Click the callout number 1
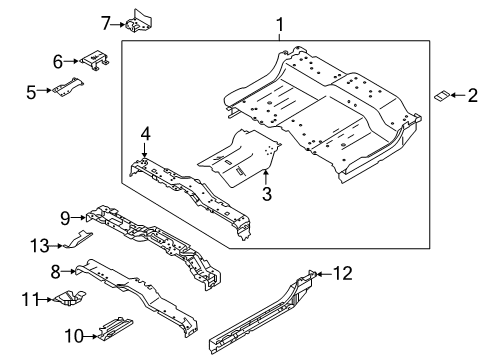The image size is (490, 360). pos(280,24)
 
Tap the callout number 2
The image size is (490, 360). pos(473,95)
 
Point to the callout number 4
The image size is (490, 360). pos(145,133)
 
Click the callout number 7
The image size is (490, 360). pos(107,20)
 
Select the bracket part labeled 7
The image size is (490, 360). pos(137,20)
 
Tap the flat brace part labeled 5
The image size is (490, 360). pos(68,87)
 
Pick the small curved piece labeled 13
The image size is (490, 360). pos(85,238)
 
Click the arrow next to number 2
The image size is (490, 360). pos(459,95)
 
